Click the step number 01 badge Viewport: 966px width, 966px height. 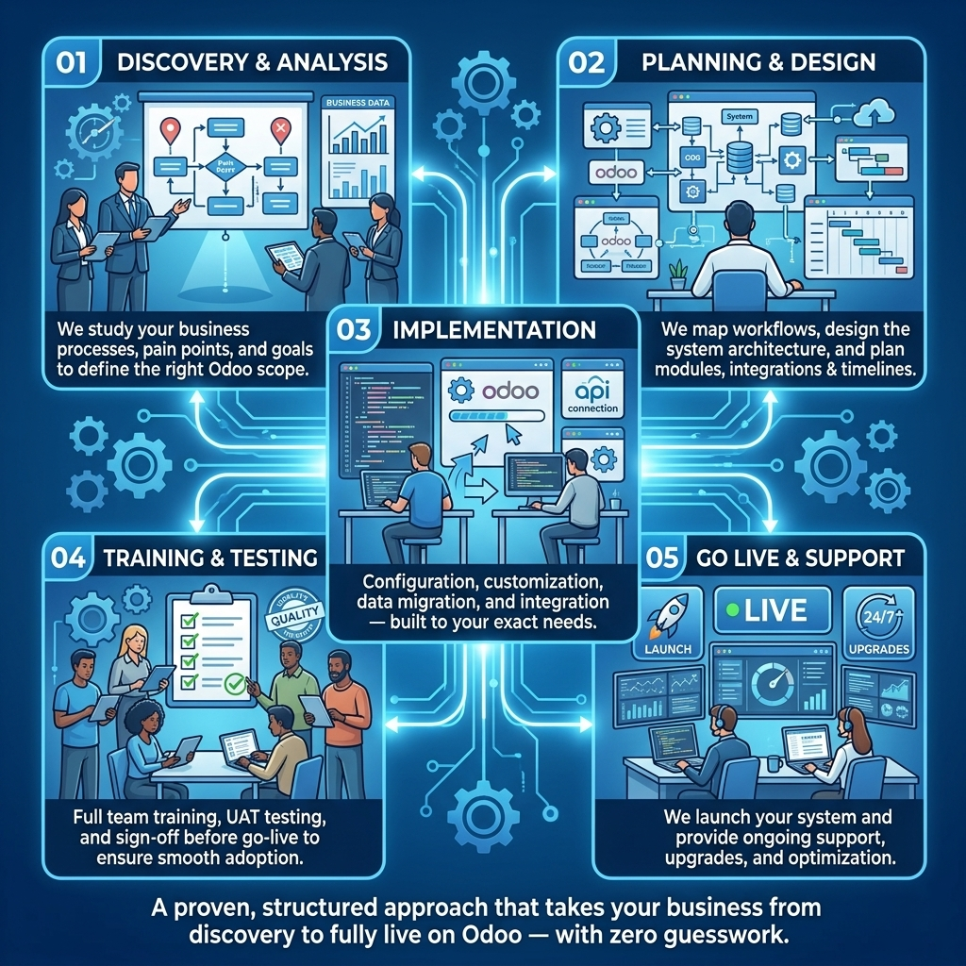tap(72, 63)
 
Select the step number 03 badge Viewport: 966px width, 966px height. tap(356, 330)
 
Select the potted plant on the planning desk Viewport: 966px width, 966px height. tap(676, 275)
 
